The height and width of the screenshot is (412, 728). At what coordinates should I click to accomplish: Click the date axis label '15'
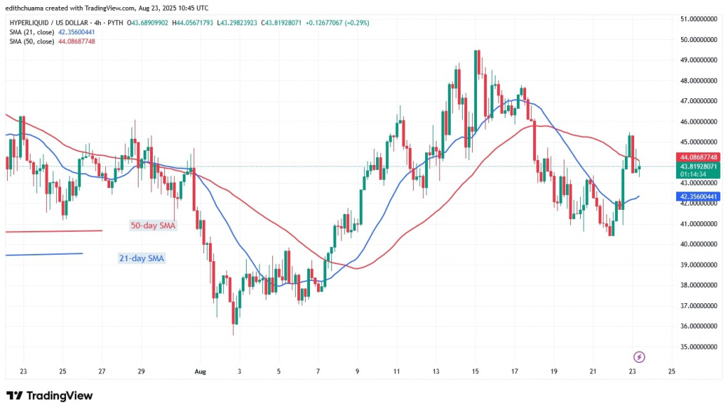coord(475,371)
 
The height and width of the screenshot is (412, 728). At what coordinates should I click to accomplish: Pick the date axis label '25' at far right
coord(671,371)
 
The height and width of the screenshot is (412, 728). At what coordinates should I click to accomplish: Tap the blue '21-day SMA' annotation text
coord(141,258)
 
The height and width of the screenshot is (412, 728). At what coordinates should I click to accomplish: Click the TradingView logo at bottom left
coord(50,396)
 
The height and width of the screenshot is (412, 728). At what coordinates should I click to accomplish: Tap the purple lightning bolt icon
coord(638,356)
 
